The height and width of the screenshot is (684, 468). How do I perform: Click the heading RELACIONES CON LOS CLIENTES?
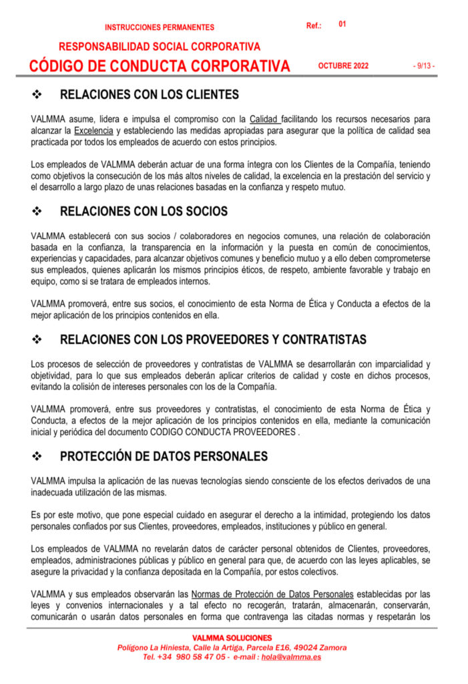tap(150, 95)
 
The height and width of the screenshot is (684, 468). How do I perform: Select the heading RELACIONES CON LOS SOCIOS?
tap(144, 211)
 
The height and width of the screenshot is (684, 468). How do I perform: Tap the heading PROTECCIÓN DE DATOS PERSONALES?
tap(164, 456)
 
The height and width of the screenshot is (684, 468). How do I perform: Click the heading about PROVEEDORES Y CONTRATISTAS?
tap(213, 339)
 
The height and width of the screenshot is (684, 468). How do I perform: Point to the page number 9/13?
tap(424, 66)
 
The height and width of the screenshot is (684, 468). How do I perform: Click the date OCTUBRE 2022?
tap(343, 66)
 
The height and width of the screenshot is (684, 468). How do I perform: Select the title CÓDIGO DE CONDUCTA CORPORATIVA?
tap(160, 66)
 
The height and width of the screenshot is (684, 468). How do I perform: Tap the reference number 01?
tap(342, 24)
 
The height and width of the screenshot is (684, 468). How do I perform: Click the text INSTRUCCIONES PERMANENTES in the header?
tap(160, 27)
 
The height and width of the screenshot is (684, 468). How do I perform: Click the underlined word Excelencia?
tap(94, 130)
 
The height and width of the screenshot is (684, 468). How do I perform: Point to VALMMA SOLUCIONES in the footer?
tap(232, 638)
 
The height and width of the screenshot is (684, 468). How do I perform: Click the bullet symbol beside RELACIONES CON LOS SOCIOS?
tap(38, 212)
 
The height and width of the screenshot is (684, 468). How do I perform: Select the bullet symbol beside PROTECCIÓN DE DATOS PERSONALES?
tap(38, 457)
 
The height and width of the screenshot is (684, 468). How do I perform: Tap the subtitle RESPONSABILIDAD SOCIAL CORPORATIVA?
tap(160, 47)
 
